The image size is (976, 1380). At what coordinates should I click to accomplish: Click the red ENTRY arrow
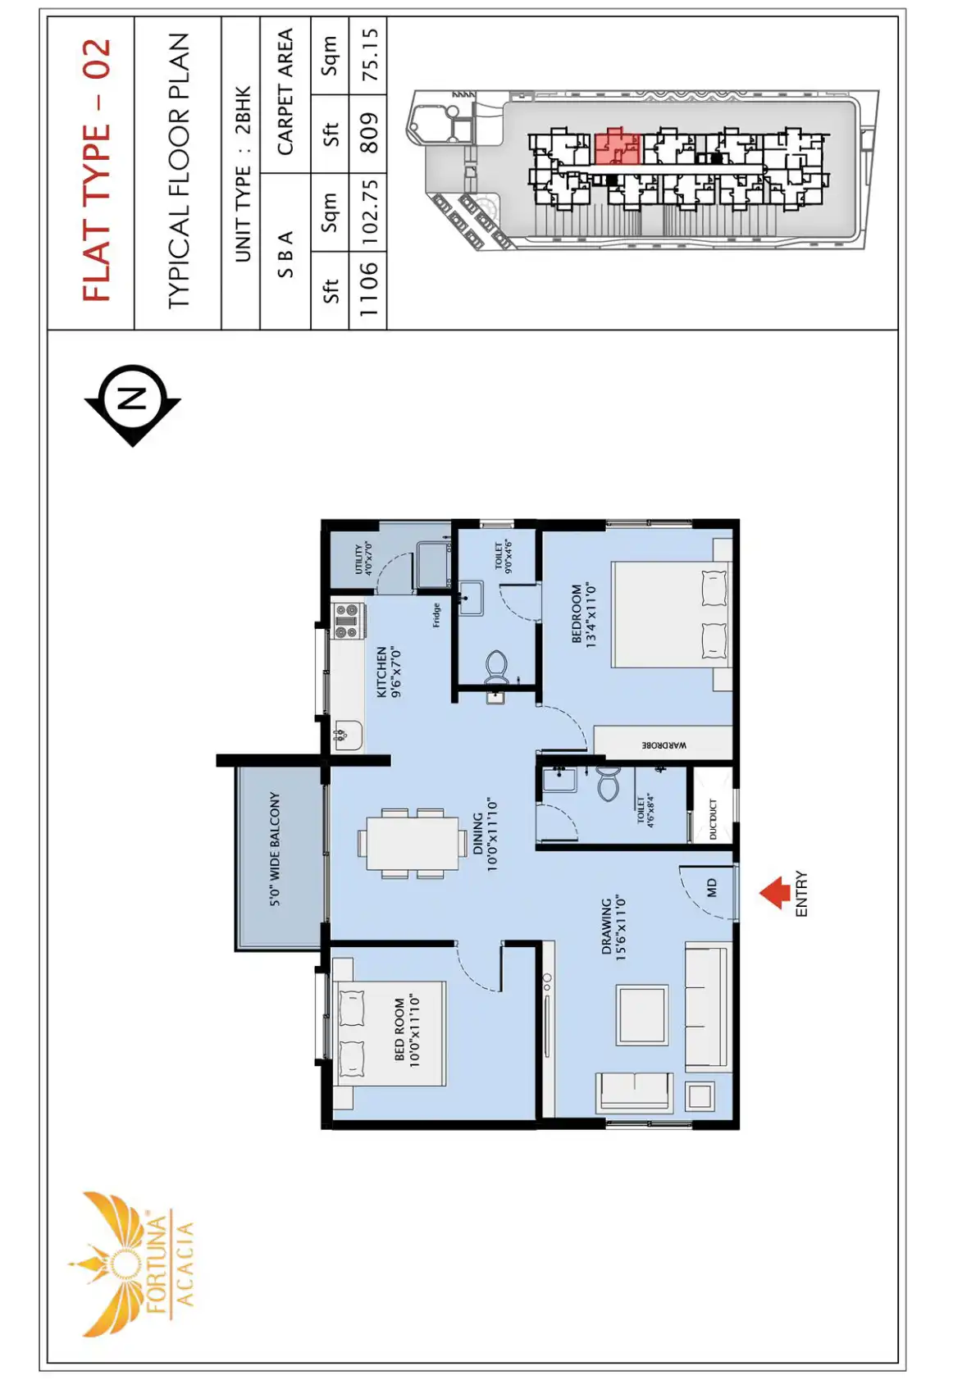tap(774, 893)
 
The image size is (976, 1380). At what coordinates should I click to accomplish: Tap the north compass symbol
tap(133, 405)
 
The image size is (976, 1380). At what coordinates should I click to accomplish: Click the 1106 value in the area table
tap(368, 289)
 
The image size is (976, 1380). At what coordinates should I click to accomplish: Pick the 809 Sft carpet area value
tap(368, 133)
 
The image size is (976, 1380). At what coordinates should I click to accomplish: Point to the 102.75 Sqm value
tap(368, 213)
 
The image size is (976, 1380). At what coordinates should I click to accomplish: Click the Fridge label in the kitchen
tap(436, 615)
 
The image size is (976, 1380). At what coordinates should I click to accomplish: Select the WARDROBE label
tap(664, 745)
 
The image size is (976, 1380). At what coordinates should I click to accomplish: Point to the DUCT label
tap(712, 819)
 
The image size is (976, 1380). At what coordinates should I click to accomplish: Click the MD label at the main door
tap(712, 888)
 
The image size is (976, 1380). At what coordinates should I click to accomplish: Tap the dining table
tap(413, 844)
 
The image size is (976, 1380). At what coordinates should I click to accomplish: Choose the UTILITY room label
tap(363, 558)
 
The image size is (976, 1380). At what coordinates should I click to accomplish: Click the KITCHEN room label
tap(388, 672)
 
